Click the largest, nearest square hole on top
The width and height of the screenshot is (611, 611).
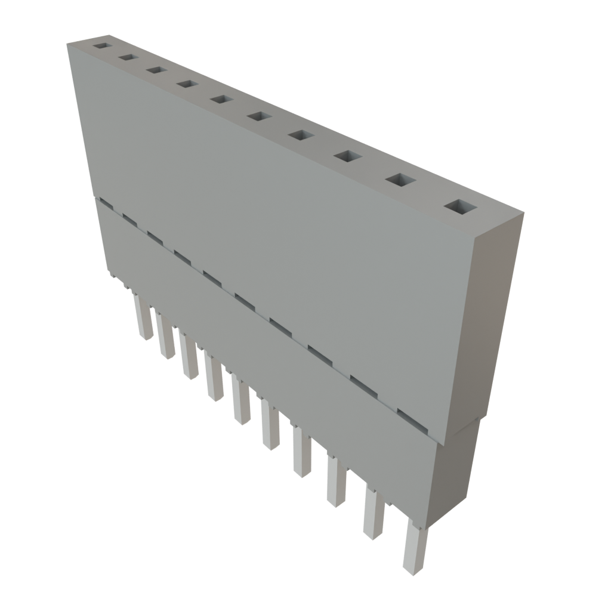pyautogui.click(x=461, y=207)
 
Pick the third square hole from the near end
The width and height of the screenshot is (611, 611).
pyautogui.click(x=348, y=156)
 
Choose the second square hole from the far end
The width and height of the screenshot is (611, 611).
pyautogui.click(x=127, y=57)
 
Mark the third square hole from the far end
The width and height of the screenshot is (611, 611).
pyautogui.click(x=156, y=70)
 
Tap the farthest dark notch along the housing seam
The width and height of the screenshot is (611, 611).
pyautogui.click(x=105, y=203)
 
